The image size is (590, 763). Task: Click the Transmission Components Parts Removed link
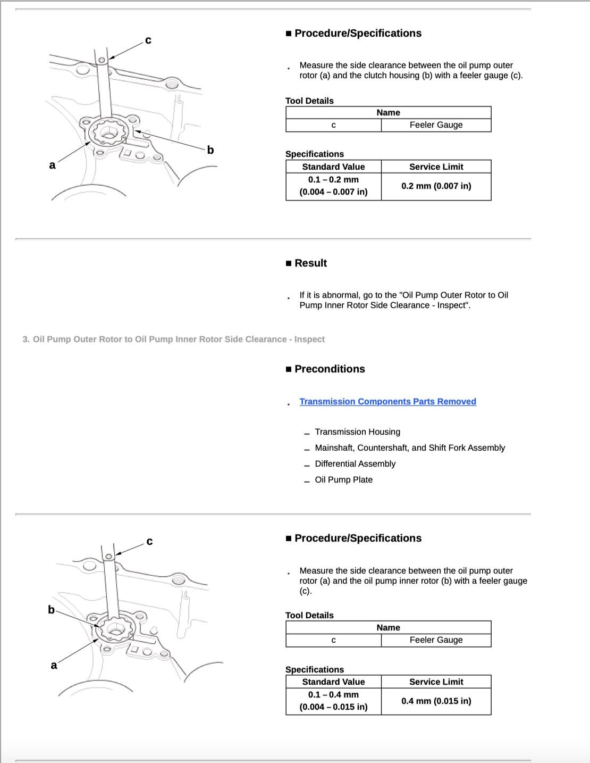(387, 402)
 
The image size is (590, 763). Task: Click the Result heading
(310, 263)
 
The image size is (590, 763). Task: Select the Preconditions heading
(330, 369)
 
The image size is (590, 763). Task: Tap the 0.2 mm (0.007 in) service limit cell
(436, 186)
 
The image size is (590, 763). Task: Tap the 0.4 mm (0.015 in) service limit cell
(436, 701)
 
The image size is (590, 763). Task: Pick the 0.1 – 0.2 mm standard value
(333, 180)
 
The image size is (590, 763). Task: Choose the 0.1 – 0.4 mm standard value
(333, 695)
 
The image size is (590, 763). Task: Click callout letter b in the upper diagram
(210, 150)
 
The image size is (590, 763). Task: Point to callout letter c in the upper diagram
(148, 40)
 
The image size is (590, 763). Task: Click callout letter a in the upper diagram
(52, 165)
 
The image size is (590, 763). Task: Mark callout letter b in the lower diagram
(51, 610)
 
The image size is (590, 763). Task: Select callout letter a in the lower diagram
(54, 665)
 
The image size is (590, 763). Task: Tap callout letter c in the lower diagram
(149, 542)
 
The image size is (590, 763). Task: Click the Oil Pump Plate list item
(343, 479)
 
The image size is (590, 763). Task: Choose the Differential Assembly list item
(355, 463)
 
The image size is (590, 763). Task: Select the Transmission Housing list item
(357, 432)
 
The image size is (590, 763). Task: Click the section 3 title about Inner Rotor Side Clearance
(173, 339)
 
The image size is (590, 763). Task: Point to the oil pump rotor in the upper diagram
(109, 133)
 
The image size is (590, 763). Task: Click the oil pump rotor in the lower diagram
(116, 629)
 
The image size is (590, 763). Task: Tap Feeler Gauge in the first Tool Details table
(436, 125)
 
